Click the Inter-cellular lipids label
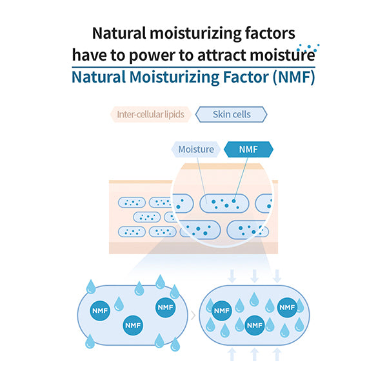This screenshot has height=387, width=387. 150,115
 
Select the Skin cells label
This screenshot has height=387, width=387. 231,115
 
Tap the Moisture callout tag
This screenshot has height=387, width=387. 195,150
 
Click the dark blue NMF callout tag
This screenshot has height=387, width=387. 248,150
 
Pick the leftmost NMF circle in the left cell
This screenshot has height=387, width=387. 101,310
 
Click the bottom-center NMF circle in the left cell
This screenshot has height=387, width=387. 133,325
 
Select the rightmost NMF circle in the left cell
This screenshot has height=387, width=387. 165,308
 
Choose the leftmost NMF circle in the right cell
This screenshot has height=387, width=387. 222,310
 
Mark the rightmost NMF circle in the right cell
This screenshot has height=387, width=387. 286,309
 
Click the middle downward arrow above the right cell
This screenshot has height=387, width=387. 254,275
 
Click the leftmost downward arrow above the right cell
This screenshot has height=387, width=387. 232,275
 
